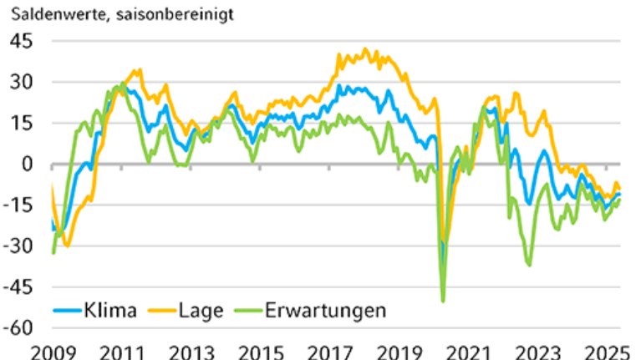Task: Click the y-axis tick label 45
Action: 20,41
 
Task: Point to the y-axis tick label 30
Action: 20,82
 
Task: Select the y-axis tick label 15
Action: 20,123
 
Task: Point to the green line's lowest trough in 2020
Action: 443,301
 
